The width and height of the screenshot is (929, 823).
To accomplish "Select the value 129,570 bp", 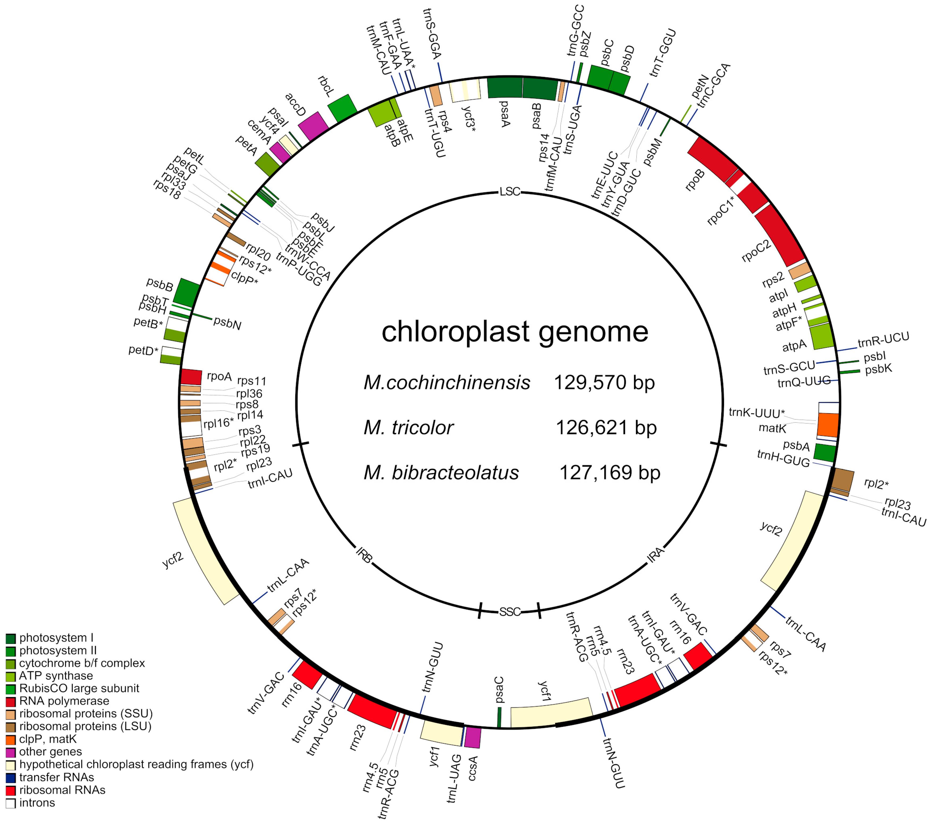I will (x=604, y=383).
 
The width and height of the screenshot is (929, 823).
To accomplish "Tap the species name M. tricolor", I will (x=408, y=428).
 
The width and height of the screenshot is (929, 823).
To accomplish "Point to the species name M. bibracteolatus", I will (x=441, y=473).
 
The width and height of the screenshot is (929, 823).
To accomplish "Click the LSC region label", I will (x=510, y=192).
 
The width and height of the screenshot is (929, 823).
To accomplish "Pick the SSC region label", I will (x=510, y=612).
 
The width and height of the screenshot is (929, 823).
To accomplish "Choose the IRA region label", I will (x=655, y=555).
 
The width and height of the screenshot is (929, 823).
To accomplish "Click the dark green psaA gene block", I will (x=505, y=88).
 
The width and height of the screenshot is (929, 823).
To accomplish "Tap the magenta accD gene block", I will (x=313, y=126).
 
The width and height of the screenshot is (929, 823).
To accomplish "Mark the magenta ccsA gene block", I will (x=473, y=738).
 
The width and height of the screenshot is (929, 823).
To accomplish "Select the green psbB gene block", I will (x=187, y=292).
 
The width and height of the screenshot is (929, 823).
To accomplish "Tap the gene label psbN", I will (x=227, y=324).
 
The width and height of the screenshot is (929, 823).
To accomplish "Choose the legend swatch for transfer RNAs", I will (x=10, y=778).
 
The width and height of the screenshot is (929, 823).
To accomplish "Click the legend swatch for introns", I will (x=10, y=803).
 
